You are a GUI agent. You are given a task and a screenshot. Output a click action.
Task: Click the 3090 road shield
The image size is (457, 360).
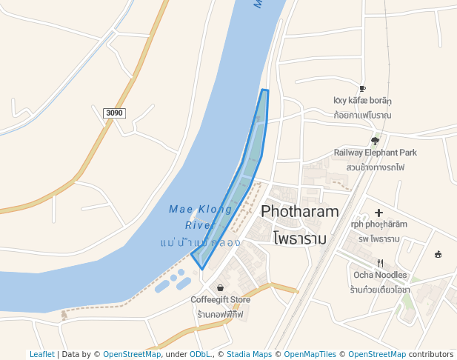pos(115,113)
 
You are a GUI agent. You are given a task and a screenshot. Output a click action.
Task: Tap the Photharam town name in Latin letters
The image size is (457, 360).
pos(300,211)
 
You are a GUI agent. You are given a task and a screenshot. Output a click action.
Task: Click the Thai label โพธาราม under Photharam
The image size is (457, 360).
pos(300,239)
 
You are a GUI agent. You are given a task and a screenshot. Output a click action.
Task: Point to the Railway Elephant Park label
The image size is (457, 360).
pos(375,153)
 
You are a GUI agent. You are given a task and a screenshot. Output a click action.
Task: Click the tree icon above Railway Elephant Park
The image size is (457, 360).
pos(375,141)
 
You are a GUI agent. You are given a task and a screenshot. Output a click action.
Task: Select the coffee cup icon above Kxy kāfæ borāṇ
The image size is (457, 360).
pos(362,88)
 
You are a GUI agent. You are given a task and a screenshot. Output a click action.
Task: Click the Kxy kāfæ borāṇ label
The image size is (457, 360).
pos(362,101)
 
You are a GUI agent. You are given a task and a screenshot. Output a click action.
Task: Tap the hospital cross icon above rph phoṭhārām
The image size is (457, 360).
pos(378,213)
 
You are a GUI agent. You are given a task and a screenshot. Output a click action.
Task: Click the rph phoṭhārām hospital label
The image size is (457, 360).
pos(378,224)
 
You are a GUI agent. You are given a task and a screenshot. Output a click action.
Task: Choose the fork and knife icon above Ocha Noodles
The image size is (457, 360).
pos(380,263)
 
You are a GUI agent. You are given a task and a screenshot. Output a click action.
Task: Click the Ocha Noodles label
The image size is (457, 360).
pos(380,275)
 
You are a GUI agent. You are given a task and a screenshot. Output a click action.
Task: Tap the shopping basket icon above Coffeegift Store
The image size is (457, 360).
pos(220,287)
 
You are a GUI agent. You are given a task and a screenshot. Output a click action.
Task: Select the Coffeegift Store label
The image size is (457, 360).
pos(220,300)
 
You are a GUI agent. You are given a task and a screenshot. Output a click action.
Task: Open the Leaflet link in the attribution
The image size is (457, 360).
pos(42,355)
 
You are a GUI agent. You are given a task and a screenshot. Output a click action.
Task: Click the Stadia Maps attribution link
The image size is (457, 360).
pos(249,355)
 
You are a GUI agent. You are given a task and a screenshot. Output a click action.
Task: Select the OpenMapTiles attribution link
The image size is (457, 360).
pos(310,355)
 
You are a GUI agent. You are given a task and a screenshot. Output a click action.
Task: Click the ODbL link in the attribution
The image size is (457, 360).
pos(200,355)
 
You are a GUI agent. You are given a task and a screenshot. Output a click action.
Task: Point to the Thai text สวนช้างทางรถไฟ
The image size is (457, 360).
pos(375,167)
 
